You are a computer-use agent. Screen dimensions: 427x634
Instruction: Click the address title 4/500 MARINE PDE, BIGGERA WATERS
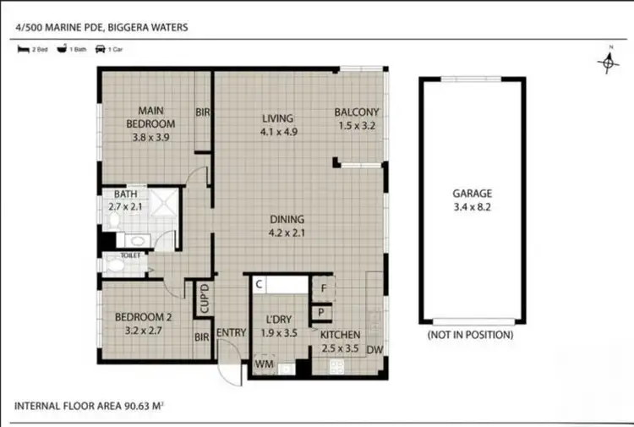(x=101, y=27)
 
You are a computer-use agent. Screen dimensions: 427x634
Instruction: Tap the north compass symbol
(x=606, y=61)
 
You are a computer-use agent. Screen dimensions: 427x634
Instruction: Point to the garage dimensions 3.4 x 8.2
(x=472, y=205)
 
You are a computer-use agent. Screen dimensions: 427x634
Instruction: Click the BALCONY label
(x=357, y=112)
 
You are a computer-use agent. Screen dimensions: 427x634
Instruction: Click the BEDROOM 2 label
(x=144, y=318)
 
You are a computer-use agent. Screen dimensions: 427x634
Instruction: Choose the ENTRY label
(x=231, y=334)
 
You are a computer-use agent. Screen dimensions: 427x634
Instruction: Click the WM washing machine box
(x=264, y=365)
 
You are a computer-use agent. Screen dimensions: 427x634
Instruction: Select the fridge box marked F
(x=324, y=288)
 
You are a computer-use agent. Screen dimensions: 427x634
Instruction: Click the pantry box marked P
(x=324, y=311)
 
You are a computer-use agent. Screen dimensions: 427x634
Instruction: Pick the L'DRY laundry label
(x=279, y=320)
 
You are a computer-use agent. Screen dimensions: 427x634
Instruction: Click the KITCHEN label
(x=341, y=335)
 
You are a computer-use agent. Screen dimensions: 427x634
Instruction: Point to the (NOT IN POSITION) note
(x=470, y=335)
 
